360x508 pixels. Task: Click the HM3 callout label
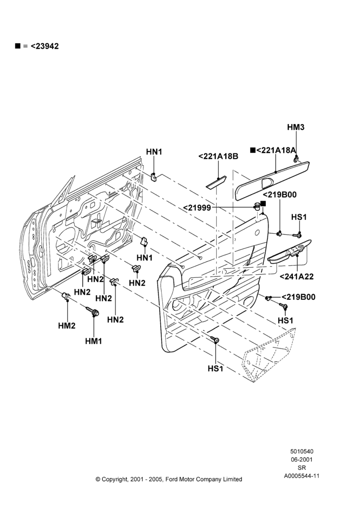[x=295, y=128]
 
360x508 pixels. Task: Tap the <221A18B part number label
[x=218, y=156]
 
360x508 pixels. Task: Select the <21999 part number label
[x=197, y=208]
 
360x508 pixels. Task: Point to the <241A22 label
[x=296, y=276]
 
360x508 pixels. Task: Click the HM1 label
[x=94, y=341]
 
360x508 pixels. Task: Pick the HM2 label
[x=67, y=326]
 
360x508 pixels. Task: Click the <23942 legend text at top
[x=45, y=46]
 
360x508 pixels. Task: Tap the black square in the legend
[x=17, y=46]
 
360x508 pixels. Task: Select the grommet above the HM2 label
[x=66, y=296]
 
